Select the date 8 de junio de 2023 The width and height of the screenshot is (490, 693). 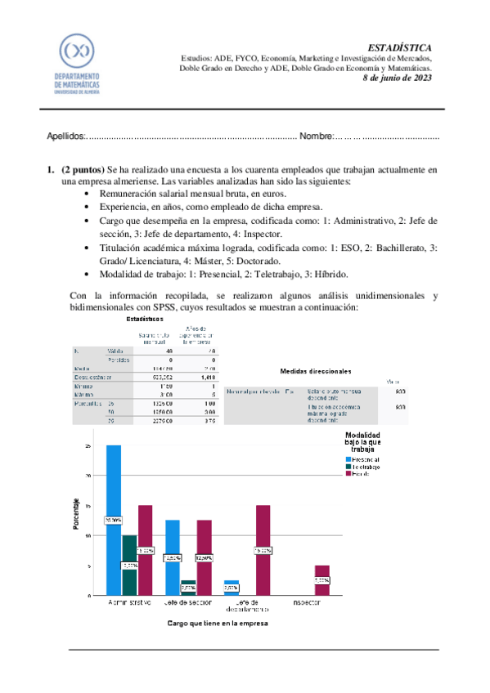[x=397, y=78]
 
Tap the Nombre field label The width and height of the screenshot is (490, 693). [x=315, y=136]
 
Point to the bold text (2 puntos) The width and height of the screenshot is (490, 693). [x=83, y=170]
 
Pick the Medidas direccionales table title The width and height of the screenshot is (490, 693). [x=315, y=347]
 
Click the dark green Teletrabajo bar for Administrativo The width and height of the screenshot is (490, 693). [x=129, y=565]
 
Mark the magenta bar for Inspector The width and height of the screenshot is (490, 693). [x=322, y=580]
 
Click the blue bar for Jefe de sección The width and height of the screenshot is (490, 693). [x=173, y=557]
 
